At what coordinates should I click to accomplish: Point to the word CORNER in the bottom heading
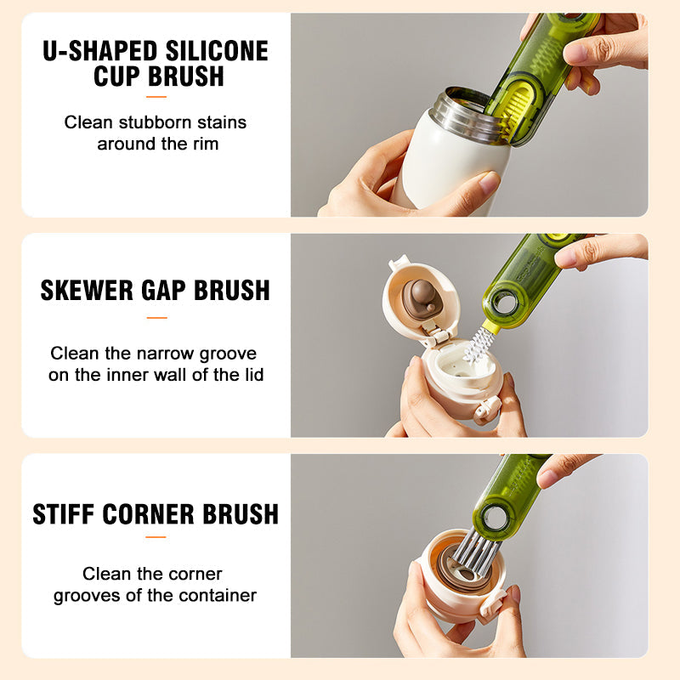point(152,513)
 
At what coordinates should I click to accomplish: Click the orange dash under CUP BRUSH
point(156,97)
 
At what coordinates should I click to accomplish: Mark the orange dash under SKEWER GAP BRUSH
point(156,318)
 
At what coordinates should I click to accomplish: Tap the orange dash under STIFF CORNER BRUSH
point(156,537)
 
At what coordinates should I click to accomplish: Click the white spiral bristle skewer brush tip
point(479,345)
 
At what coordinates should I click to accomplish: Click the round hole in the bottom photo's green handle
point(492,517)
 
